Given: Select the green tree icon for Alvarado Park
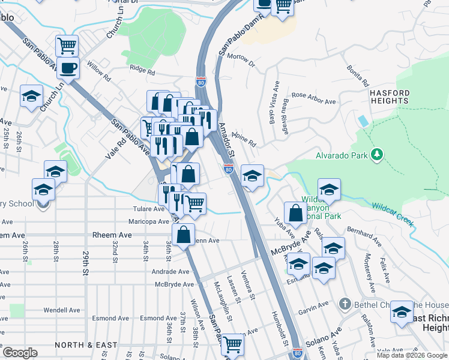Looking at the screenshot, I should tap(377, 155).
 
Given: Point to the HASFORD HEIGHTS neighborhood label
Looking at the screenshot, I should tap(390, 98).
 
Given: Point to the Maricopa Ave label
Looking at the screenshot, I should tap(147, 221).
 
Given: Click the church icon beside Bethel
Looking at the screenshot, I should tap(344, 304).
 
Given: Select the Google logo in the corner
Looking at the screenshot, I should tap(20, 353).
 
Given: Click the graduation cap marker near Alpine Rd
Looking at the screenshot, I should tap(253, 176).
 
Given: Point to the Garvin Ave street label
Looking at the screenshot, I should tap(314, 308).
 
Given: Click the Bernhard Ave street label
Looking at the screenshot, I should tap(364, 236).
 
